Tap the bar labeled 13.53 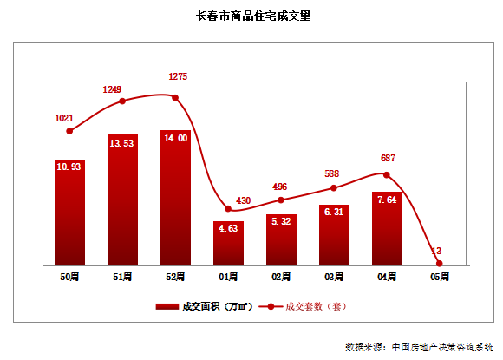click(x=122, y=200)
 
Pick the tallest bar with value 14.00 click(x=175, y=198)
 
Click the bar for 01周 click(x=228, y=243)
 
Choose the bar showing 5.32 click(x=281, y=239)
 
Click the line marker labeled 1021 click(x=69, y=131)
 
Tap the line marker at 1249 click(x=122, y=101)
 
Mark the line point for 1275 click(x=175, y=97)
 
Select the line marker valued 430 click(x=228, y=208)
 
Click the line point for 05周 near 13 click(x=440, y=264)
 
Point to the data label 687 click(x=388, y=159)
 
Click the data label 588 click(x=335, y=173)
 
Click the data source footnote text click(x=419, y=346)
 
